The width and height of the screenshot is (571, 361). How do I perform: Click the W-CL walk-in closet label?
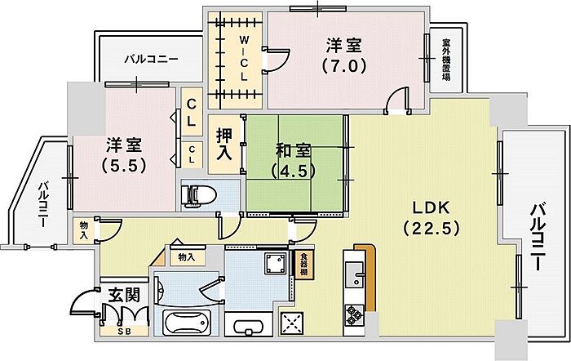[243, 58]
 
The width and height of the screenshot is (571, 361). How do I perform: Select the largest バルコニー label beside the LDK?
[540, 238]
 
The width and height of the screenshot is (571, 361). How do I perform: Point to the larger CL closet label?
[190, 112]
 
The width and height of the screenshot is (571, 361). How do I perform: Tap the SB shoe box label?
[124, 331]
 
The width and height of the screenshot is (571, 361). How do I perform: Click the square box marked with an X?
[291, 323]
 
